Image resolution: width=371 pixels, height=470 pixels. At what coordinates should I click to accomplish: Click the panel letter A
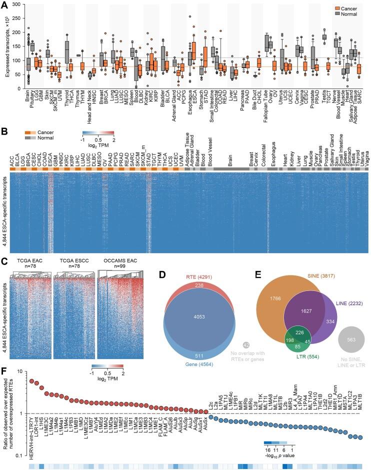4,4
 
